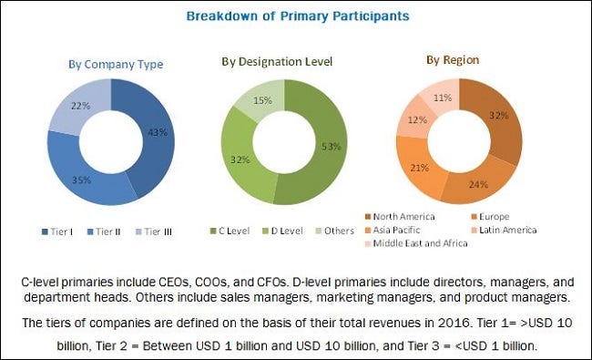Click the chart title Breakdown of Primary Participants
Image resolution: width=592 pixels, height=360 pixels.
pos(298,16)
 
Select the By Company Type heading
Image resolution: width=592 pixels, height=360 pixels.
pos(116,65)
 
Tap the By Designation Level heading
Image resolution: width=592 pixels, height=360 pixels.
pos(277,62)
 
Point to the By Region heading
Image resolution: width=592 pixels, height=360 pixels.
pos(453,60)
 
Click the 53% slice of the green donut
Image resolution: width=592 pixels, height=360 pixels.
pos(325,151)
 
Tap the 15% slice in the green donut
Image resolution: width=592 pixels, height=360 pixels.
pos(260,99)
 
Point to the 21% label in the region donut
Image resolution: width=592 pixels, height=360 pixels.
pos(420,168)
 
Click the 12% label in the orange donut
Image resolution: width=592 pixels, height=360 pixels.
pos(417,120)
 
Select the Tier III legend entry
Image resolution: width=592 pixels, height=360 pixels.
pos(154,231)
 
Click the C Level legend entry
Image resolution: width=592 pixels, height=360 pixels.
pos(230,231)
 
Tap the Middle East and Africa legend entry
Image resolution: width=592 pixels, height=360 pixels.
pos(416,243)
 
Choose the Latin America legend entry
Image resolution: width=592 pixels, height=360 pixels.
pos(504,230)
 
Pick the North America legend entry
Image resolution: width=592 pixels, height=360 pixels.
pos(400,217)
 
